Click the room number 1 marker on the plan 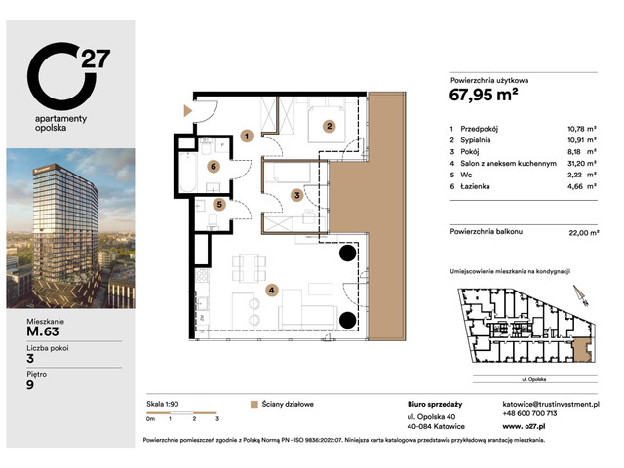[248, 136]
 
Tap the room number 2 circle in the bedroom [331, 125]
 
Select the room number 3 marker [298, 195]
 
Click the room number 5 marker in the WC [221, 205]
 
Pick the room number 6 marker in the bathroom [214, 167]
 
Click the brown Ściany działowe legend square [254, 403]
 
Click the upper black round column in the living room [346, 254]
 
